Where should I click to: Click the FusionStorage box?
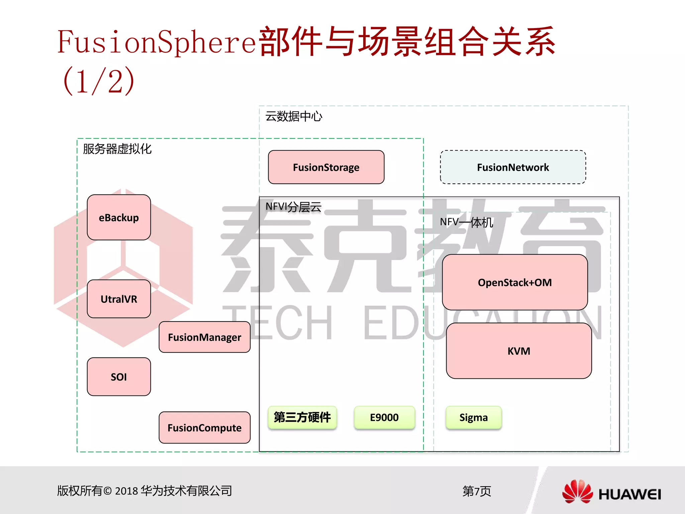tap(326, 167)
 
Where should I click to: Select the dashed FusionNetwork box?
tap(513, 167)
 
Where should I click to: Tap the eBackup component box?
tap(119, 217)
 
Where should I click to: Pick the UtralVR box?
tap(119, 299)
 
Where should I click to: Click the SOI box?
tap(119, 377)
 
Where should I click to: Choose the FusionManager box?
tap(204, 337)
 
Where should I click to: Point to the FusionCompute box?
tap(204, 428)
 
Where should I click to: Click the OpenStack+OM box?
tap(515, 282)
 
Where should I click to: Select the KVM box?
tap(519, 351)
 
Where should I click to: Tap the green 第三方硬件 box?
tap(302, 417)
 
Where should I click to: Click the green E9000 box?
tap(384, 417)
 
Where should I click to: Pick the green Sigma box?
tap(474, 417)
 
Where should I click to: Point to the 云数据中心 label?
tap(294, 116)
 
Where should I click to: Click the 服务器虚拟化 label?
tap(117, 149)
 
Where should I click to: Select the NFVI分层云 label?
tap(293, 207)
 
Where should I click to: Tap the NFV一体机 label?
tap(466, 222)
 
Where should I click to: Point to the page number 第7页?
tap(477, 491)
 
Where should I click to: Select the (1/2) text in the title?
tap(99, 81)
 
